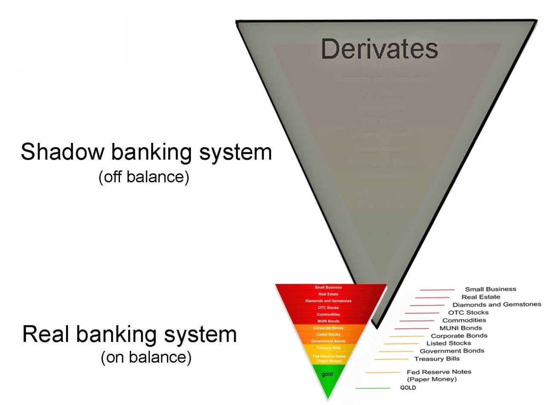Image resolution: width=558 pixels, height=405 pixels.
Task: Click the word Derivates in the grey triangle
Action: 379,49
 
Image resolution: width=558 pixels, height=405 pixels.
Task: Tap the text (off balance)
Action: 144,176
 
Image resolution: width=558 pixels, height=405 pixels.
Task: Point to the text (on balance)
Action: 146,357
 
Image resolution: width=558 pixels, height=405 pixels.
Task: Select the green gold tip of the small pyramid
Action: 327,378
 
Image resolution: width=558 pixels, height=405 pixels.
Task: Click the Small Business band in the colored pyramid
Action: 328,287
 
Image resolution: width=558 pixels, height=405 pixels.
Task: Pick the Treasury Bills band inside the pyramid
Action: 328,348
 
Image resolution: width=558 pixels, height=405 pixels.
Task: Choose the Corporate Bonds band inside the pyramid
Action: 328,328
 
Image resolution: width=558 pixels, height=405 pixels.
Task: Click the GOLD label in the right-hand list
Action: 408,388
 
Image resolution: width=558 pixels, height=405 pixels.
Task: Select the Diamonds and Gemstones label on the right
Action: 497,305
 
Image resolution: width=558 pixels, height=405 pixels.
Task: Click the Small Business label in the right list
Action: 490,289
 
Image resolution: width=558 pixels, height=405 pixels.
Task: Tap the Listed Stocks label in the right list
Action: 448,343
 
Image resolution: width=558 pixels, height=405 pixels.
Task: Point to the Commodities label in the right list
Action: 464,320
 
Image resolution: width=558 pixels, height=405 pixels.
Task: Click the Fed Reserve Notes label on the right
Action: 439,372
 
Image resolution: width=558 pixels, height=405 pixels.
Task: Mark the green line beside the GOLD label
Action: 372,388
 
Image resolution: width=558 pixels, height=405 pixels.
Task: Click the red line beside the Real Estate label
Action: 432,297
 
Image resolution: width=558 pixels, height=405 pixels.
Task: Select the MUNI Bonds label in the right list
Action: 461,328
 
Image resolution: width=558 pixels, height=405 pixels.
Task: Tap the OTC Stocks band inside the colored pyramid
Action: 328,308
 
